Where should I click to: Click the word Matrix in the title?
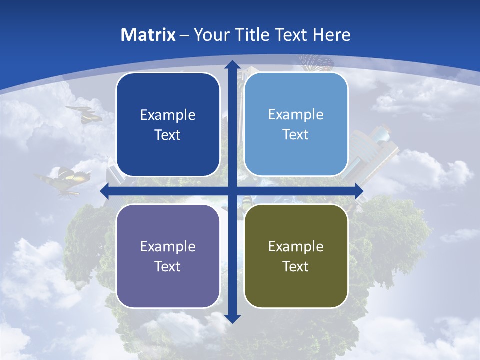pyautogui.click(x=148, y=35)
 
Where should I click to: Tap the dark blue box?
pyautogui.click(x=168, y=125)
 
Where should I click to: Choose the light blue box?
pyautogui.click(x=296, y=124)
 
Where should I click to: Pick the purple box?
pyautogui.click(x=168, y=256)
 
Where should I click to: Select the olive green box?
pyautogui.click(x=296, y=256)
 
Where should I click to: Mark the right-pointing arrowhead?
pyautogui.click(x=359, y=191)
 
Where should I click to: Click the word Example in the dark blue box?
pyautogui.click(x=168, y=115)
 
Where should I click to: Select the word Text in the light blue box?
pyautogui.click(x=296, y=134)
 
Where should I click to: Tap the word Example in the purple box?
pyautogui.click(x=168, y=246)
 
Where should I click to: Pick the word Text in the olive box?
pyautogui.click(x=296, y=266)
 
